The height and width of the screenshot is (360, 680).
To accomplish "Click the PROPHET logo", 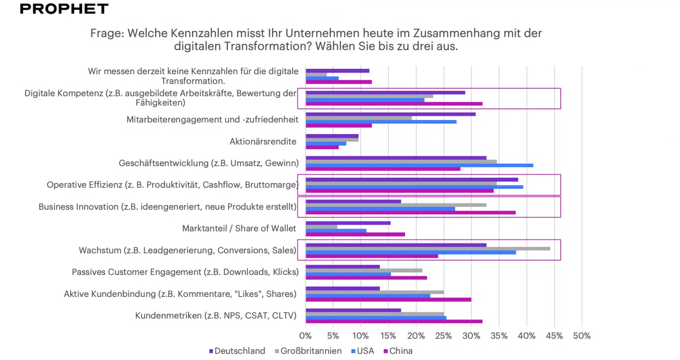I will (64, 9).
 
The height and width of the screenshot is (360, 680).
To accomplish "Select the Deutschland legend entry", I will (237, 351).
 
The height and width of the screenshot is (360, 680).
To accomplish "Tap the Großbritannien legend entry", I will (308, 351).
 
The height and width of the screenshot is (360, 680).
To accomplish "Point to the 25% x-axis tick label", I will (443, 336).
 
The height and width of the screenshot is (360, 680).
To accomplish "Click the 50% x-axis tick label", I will (581, 336).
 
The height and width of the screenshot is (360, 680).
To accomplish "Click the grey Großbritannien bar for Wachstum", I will (428, 248).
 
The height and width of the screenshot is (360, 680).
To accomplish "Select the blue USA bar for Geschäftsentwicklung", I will (419, 165).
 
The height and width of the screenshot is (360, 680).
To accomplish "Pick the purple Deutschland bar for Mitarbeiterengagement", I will (390, 114).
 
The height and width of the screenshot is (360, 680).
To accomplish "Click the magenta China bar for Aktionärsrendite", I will (322, 147).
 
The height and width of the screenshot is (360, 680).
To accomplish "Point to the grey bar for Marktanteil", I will (321, 227).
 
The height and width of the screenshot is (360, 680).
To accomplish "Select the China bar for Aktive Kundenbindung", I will (388, 299).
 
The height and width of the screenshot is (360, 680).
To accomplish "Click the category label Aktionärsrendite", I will (263, 142).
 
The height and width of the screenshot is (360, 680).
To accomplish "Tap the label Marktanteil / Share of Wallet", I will (239, 229).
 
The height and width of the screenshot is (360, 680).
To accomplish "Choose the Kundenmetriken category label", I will (216, 315).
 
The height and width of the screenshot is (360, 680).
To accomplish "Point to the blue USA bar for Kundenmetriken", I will (376, 318).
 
